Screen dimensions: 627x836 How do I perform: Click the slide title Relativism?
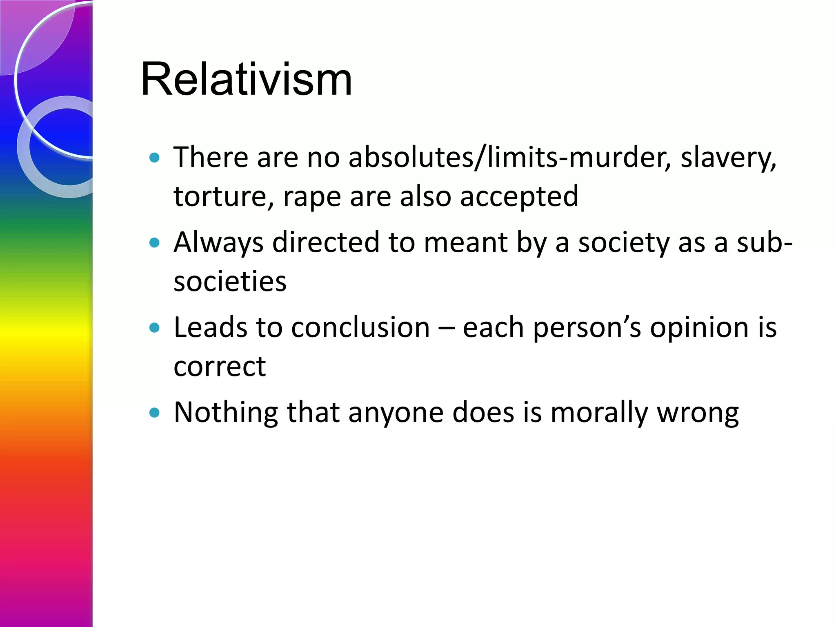246,79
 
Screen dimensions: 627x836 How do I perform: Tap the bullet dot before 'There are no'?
154,158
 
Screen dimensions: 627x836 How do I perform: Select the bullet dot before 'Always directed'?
154,243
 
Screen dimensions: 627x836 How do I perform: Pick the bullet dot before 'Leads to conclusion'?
154,328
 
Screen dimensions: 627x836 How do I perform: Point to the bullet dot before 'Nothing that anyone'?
154,413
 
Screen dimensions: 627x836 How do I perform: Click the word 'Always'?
218,243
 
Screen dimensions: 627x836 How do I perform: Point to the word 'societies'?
230,282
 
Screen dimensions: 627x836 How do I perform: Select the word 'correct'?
220,367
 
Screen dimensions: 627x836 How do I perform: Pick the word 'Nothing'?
226,413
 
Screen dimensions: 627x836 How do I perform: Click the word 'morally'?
599,413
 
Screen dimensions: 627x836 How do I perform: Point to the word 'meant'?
465,243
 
